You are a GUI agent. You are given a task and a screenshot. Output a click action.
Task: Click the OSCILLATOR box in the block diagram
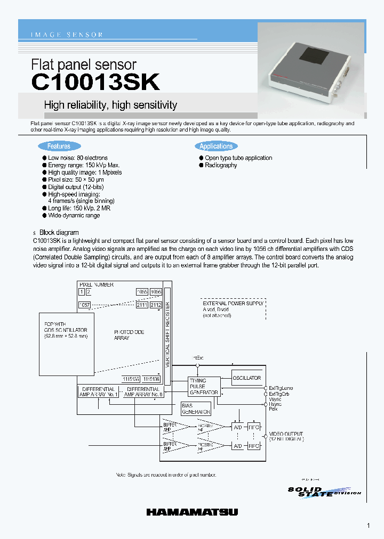[x=247, y=378]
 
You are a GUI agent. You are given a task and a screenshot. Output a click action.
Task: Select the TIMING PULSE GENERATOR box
[x=204, y=386]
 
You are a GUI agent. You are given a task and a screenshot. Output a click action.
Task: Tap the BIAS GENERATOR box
[x=196, y=409]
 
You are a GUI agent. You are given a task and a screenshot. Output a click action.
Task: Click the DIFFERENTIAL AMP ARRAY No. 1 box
[x=99, y=392]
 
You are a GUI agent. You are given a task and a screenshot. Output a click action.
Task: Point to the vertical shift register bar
[x=167, y=336]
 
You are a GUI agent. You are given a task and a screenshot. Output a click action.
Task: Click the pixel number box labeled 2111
[x=142, y=305]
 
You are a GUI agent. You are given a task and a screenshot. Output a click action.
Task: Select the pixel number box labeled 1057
[x=84, y=305]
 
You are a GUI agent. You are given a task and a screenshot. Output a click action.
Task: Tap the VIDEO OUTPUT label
[x=286, y=436]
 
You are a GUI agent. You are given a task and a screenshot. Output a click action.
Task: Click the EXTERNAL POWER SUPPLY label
[x=233, y=303]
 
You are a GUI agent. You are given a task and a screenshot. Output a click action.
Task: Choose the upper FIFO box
[x=254, y=427]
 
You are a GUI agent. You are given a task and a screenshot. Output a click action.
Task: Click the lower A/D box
[x=237, y=446]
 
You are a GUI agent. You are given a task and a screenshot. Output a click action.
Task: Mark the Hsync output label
[x=275, y=404]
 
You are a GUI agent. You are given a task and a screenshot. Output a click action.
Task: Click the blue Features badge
[x=59, y=146]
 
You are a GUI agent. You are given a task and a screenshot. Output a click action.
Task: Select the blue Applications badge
[x=216, y=146]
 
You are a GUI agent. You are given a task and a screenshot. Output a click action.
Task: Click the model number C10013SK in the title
[x=95, y=83]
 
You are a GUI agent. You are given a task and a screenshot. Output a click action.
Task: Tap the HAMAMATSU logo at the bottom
[x=192, y=512]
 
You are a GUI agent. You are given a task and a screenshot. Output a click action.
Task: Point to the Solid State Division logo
[x=324, y=492]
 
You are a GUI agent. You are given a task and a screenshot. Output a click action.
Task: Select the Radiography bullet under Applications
[x=221, y=165]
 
